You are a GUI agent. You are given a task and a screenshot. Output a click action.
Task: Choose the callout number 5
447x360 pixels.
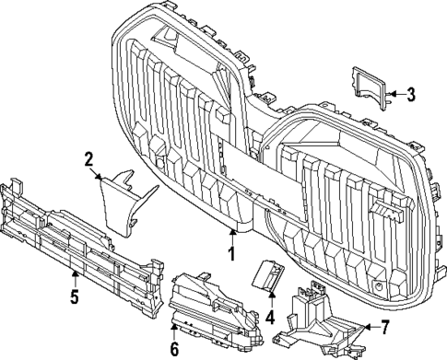(x=75, y=296)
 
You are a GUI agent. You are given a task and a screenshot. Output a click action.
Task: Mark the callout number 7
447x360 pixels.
(x=385, y=327)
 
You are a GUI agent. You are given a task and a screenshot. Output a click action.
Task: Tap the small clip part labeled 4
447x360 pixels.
(x=269, y=276)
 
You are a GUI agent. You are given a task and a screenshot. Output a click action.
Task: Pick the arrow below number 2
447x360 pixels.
(x=100, y=176)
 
